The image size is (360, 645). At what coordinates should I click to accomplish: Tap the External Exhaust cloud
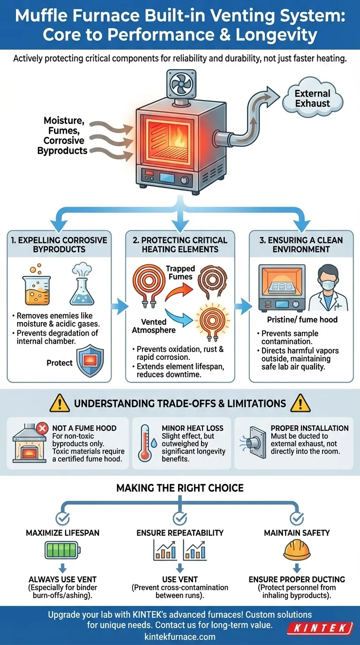pos(312,98)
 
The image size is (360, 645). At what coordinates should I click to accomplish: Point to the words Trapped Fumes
pos(180,272)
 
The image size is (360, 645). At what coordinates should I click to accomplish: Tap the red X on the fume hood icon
pos(42,427)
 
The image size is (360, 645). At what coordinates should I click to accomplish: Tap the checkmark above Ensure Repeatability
pos(180,518)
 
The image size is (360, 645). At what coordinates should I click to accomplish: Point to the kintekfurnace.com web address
pos(180,636)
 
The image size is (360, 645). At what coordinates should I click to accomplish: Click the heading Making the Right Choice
pos(180,488)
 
